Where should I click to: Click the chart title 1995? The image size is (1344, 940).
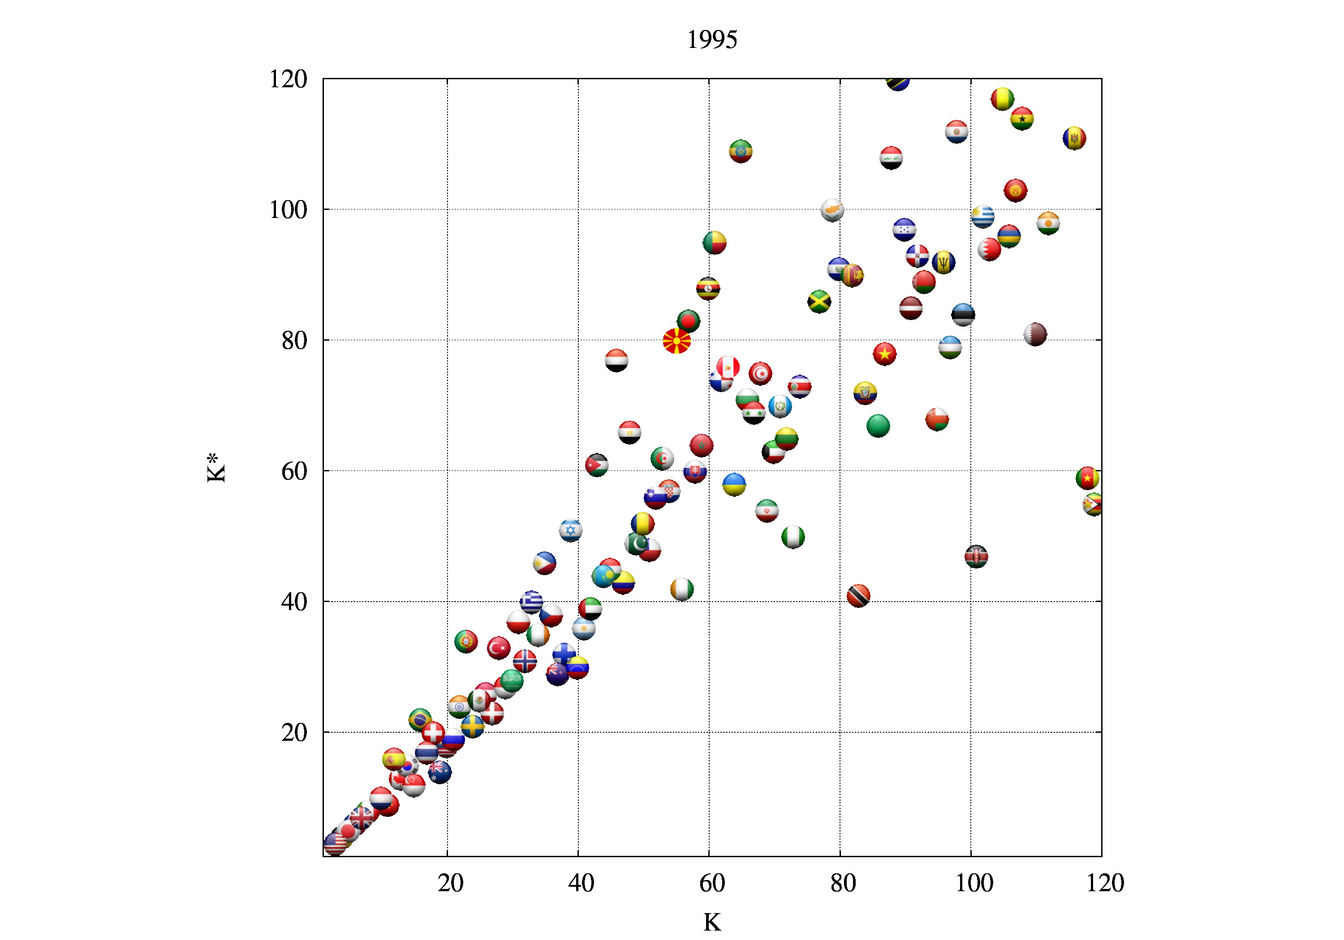pos(712,40)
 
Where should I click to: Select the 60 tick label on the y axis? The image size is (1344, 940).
pos(294,471)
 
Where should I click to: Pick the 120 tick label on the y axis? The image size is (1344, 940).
pos(288,80)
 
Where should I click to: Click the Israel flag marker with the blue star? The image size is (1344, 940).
pos(571,530)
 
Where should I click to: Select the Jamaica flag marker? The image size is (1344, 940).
pos(819,302)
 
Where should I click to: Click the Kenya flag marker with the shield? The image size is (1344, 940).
pos(976,556)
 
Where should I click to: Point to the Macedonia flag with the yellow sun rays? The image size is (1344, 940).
pos(676,341)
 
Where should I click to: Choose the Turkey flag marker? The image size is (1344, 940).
pos(499,648)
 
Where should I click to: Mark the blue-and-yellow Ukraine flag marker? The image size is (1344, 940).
pos(734,484)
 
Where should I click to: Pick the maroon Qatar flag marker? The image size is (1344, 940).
pos(1035,334)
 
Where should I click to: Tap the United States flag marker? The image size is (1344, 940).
pos(334,843)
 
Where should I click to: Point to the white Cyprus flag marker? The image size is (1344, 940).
pos(832,210)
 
